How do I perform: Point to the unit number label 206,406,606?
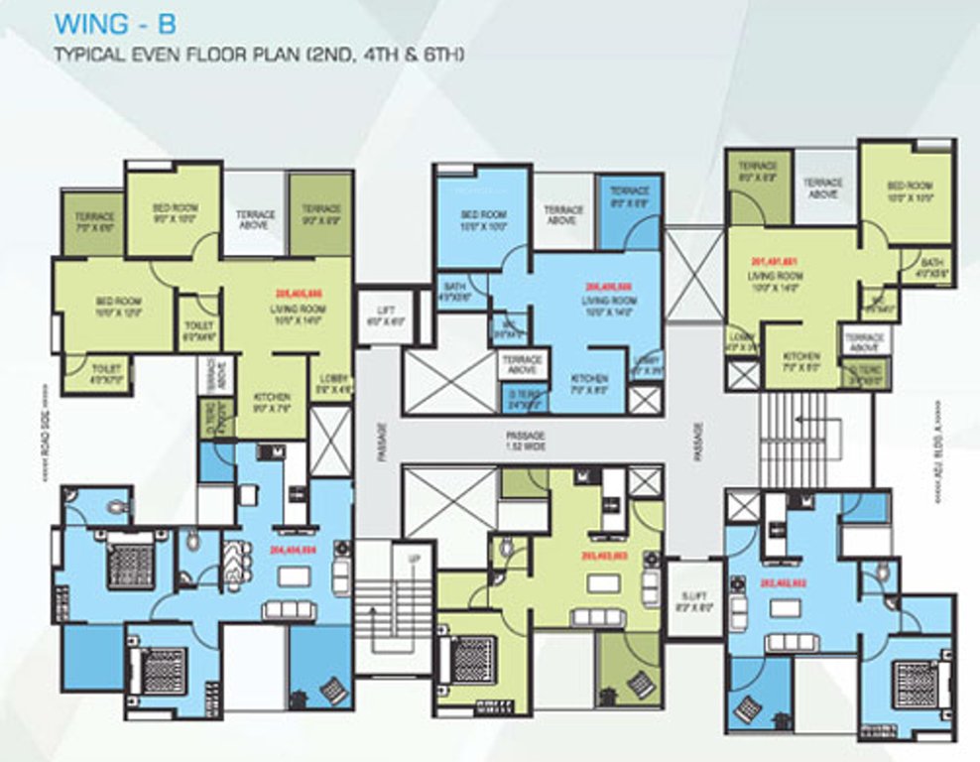click(x=609, y=286)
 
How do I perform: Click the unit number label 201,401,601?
click(x=776, y=262)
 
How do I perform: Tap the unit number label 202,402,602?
click(x=785, y=584)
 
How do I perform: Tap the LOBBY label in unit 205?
click(x=329, y=383)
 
